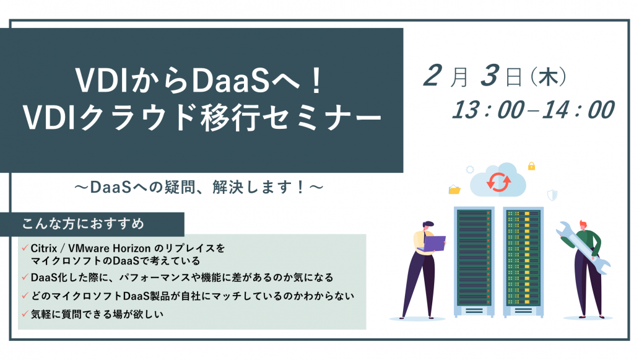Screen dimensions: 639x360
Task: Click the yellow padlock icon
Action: pos(531,166)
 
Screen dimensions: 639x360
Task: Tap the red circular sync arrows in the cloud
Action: pos(498,182)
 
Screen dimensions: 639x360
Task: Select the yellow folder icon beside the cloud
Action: pos(454,190)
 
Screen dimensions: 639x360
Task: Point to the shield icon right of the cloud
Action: pos(552,195)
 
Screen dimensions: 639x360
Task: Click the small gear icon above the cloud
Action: pos(470,169)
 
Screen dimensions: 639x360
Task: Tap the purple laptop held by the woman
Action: pos(435,244)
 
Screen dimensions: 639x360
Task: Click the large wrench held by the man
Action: pos(583,247)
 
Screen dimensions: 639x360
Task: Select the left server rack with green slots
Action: pos(474,261)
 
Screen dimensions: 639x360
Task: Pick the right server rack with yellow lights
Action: pos(523,261)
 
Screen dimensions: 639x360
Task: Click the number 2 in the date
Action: pos(433,76)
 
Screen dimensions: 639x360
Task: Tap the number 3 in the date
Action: pos(490,76)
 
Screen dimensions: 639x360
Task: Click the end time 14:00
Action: pos(578,110)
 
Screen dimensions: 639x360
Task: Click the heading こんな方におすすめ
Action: pos(83,224)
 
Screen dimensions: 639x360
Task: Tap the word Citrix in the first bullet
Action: pos(43,248)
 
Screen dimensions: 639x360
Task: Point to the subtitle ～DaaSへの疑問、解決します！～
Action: pos(199,187)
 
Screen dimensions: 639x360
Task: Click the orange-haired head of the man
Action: pos(583,225)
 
